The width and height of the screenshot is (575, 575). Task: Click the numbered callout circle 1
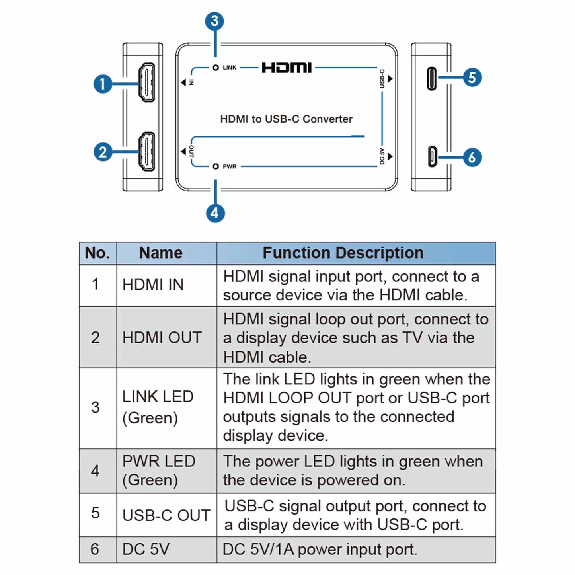click(103, 84)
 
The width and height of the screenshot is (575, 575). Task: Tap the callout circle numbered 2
click(103, 152)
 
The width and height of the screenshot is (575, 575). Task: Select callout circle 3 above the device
click(214, 21)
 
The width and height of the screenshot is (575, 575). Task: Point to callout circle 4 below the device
click(215, 213)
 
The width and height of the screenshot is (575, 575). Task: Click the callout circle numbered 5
click(472, 77)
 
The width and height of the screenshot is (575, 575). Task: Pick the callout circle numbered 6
click(472, 157)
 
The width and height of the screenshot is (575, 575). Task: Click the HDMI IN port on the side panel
click(146, 82)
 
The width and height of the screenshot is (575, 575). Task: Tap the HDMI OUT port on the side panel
click(146, 152)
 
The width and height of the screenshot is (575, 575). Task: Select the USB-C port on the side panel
click(432, 79)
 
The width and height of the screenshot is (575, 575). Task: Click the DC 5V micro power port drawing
click(432, 156)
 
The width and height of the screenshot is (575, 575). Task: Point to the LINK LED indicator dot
click(216, 68)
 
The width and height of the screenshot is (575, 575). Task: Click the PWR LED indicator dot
click(216, 166)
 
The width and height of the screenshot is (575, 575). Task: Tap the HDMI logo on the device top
click(287, 68)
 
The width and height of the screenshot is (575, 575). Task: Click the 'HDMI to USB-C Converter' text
click(286, 119)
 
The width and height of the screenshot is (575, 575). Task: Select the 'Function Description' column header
click(343, 253)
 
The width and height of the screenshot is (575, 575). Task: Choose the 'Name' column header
click(161, 253)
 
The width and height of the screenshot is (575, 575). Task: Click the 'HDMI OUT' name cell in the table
click(162, 337)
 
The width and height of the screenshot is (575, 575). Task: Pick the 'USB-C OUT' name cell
click(166, 515)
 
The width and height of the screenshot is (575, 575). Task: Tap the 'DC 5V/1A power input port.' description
click(320, 550)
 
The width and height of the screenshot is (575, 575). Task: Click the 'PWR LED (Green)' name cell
click(158, 471)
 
